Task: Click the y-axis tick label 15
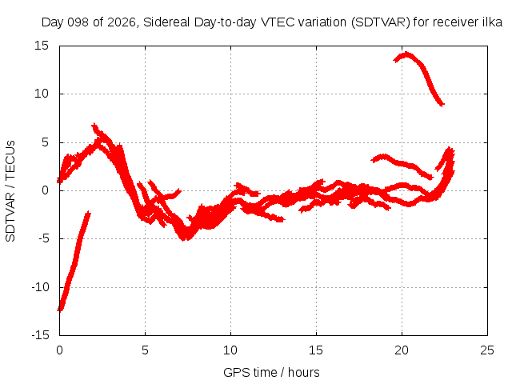(x=42, y=46)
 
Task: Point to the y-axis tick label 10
(x=42, y=94)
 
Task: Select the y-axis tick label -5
(x=44, y=238)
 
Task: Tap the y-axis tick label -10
(x=41, y=287)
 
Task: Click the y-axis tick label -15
(x=41, y=335)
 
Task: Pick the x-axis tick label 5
(x=145, y=350)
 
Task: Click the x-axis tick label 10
(x=230, y=350)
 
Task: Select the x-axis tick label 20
(x=402, y=350)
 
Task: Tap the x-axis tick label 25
(x=487, y=350)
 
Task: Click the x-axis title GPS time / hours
(x=271, y=372)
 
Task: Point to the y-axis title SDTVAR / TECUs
(x=10, y=191)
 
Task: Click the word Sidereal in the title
(x=166, y=22)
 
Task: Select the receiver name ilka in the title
(x=493, y=22)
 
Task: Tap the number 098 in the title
(x=78, y=22)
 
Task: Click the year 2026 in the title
(x=122, y=22)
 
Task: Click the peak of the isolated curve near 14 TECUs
(x=406, y=54)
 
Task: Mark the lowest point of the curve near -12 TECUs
(x=61, y=310)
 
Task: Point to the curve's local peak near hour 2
(x=94, y=125)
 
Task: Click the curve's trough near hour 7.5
(x=185, y=238)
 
